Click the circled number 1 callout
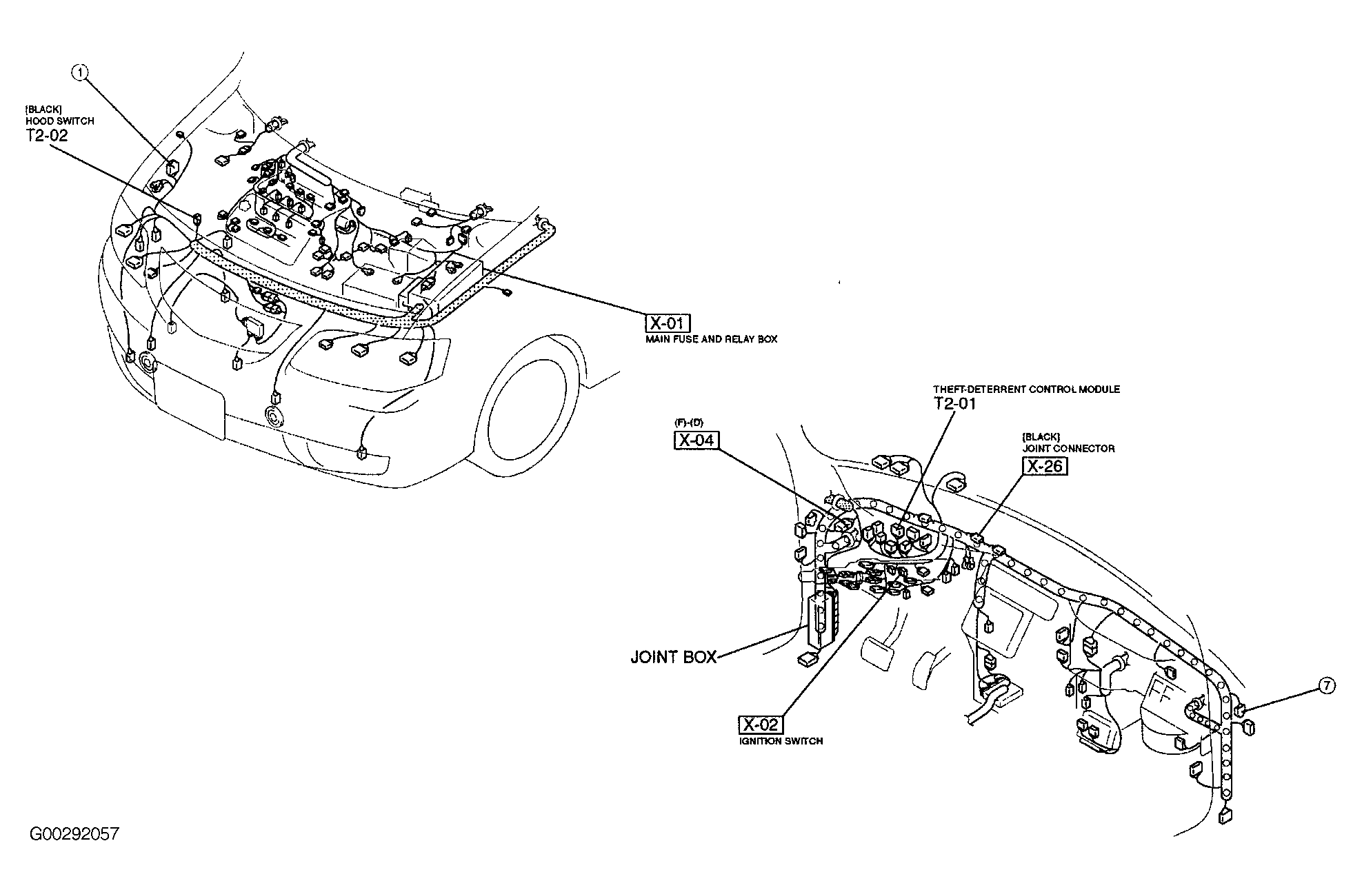click(x=82, y=72)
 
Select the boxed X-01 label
click(x=668, y=323)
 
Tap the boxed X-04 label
click(x=696, y=439)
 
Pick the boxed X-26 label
click(x=1045, y=466)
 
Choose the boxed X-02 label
click(x=761, y=724)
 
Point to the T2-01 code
click(x=955, y=403)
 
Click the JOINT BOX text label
click(x=674, y=657)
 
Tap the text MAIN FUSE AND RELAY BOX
click(x=711, y=339)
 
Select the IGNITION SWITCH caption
click(x=780, y=741)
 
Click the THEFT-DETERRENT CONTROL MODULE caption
click(x=1026, y=389)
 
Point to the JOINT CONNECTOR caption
click(x=1068, y=448)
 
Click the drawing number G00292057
click(x=74, y=833)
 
